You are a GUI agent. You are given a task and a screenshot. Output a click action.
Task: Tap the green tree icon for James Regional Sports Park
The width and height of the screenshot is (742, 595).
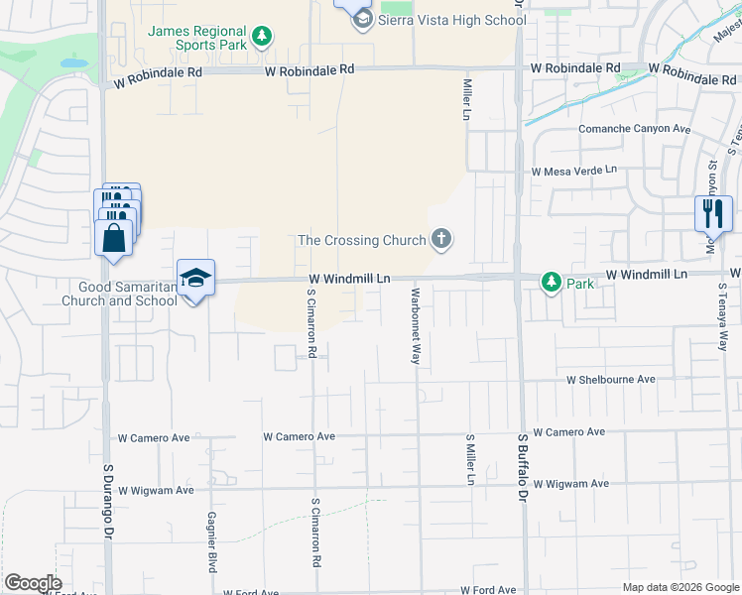click(262, 38)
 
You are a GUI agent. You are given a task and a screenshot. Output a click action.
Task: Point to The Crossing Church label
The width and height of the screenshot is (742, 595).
click(362, 240)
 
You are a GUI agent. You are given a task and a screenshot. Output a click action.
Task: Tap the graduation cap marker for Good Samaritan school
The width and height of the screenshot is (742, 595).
click(196, 279)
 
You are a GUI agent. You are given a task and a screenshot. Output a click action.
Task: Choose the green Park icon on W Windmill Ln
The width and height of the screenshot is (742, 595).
click(552, 283)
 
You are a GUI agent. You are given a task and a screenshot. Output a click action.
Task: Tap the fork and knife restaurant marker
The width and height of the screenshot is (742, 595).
click(713, 213)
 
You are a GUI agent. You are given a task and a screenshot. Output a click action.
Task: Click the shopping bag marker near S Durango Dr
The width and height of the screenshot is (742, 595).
click(114, 239)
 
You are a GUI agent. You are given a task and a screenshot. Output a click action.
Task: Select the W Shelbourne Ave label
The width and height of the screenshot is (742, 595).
click(611, 380)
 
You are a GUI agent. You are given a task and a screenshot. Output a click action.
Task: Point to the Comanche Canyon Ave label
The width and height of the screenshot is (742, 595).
click(634, 129)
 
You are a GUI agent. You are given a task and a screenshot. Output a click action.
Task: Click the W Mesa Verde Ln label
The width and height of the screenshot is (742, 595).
click(573, 172)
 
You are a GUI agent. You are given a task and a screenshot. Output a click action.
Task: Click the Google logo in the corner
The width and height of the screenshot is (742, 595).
click(33, 583)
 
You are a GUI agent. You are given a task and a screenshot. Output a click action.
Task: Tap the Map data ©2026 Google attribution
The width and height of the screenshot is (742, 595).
click(680, 587)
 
